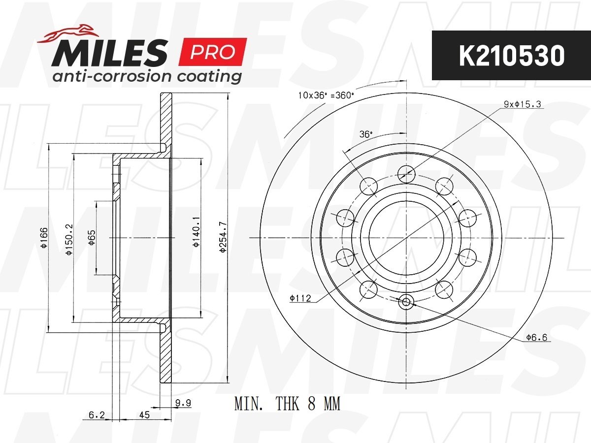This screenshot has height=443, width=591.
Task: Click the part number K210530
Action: pyautogui.click(x=512, y=56)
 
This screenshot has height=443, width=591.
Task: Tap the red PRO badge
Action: pyautogui.click(x=213, y=52)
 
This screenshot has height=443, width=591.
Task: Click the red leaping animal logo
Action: pyautogui.click(x=68, y=33)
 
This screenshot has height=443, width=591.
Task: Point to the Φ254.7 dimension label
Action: pyautogui.click(x=223, y=237)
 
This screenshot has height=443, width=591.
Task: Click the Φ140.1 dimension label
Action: pyautogui.click(x=197, y=232)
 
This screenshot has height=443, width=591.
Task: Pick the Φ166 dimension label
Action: pyautogui.click(x=44, y=238)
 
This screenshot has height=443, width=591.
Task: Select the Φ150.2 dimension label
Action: pyautogui.click(x=69, y=240)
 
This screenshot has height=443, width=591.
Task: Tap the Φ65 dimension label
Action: pyautogui.click(x=92, y=238)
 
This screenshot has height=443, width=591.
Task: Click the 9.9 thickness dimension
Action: pyautogui.click(x=183, y=403)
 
